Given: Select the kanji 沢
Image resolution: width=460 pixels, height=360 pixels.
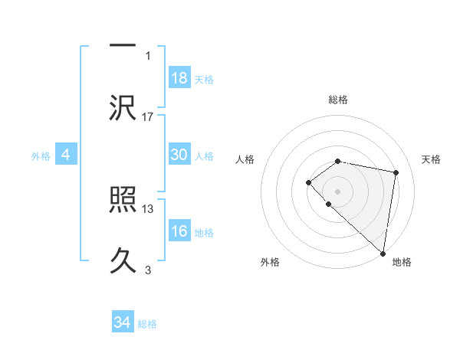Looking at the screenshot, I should point(123,107).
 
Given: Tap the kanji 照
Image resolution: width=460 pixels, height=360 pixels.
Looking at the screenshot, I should point(123,201).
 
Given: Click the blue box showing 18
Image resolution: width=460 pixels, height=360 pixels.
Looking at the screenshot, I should point(179,78).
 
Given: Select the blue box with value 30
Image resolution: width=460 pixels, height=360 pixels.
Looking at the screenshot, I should point(179,155).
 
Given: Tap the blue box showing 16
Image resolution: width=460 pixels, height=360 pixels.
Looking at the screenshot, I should point(179,232).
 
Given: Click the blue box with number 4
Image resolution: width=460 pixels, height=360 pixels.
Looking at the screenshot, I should point(66,155).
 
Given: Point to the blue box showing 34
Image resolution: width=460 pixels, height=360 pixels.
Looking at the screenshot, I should point(122,322).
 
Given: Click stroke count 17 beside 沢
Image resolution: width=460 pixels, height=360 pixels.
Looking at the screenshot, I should point(148,116).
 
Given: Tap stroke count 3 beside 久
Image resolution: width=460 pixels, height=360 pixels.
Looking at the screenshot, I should point(148,270).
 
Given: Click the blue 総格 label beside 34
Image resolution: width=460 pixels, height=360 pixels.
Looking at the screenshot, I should point(147,324).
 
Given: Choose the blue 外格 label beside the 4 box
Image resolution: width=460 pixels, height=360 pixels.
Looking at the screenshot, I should point(41,156).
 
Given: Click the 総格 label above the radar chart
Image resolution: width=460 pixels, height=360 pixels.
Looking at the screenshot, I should point(337,100).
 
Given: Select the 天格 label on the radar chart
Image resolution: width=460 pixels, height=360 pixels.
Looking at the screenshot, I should point(431,159).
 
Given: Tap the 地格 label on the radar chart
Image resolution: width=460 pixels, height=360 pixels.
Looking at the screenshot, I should point(402,263).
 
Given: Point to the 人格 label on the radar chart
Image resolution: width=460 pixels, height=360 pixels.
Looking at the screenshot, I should point(245,159).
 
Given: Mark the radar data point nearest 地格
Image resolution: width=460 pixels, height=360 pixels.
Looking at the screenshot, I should point(383,253).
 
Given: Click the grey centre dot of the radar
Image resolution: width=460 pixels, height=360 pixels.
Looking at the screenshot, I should point(337,191).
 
